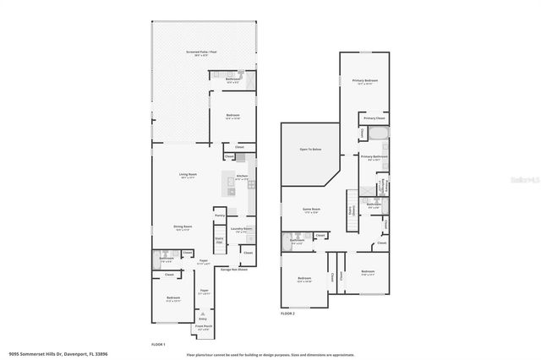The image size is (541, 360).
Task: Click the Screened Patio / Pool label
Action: point(199,52)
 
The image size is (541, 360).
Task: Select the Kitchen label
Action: point(242,177)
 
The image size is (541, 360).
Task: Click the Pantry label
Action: point(219,216)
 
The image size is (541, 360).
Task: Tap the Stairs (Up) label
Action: point(219,241)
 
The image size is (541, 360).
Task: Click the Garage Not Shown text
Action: point(233,270)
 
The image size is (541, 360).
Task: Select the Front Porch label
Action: point(203,327)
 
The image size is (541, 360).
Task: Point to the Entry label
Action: point(203,319)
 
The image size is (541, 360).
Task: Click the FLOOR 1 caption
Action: point(158,345)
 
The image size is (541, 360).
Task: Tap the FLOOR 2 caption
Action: point(287,313)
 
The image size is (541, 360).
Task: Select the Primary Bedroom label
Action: point(365,81)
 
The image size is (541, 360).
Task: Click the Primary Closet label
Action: point(374,118)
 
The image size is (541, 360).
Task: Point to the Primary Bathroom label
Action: point(374,157)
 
